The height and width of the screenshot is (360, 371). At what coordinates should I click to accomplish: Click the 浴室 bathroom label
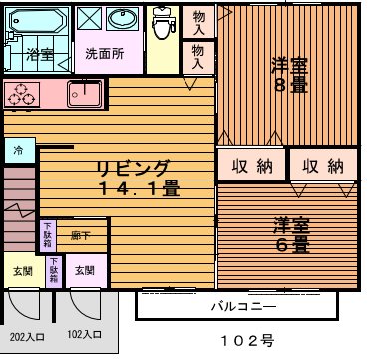point(40,54)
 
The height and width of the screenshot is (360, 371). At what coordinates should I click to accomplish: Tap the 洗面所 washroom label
point(104,54)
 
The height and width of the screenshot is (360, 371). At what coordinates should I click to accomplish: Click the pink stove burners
point(21,93)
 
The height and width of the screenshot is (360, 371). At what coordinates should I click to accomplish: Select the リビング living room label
point(133,167)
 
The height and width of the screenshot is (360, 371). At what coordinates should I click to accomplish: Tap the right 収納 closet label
point(322,166)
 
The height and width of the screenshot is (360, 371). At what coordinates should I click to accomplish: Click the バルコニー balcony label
point(243,305)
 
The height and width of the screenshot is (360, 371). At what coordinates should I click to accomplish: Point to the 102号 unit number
point(246,340)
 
